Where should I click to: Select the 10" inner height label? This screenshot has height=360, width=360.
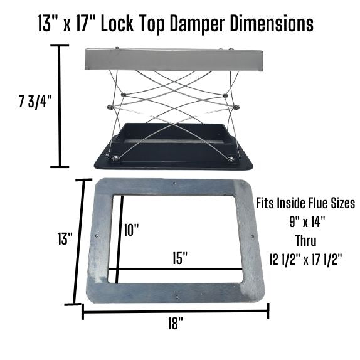[x=131, y=230]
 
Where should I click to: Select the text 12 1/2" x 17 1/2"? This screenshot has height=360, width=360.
[x=305, y=258]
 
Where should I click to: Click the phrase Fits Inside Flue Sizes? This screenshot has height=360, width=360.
[x=305, y=203]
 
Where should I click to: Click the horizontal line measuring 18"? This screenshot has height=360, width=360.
[x=176, y=310]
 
